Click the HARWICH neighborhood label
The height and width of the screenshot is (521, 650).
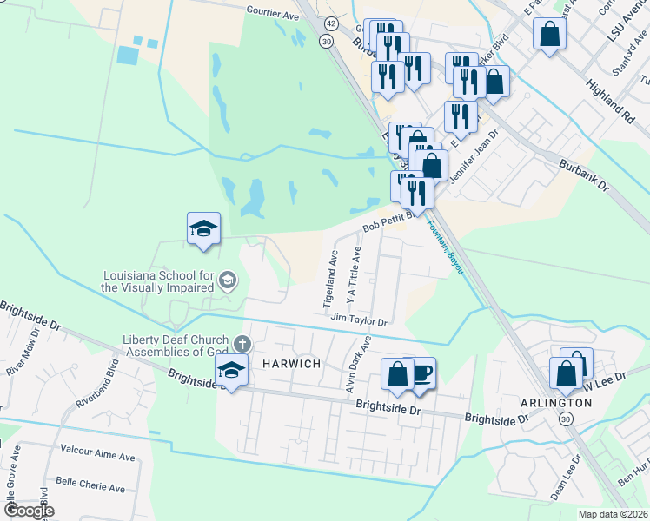(x=286, y=364)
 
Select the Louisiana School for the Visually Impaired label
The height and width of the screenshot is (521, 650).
(x=157, y=280)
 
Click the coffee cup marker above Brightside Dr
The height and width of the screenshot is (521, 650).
(x=421, y=373)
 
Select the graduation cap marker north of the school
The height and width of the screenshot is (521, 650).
(x=204, y=229)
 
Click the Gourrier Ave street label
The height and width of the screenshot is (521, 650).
(x=273, y=15)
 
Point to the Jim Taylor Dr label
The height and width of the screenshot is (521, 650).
(x=358, y=320)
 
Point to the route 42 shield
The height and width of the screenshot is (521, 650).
(x=333, y=23)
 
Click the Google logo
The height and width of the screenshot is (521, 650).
(x=28, y=511)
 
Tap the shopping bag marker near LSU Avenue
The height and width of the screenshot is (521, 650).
(x=550, y=36)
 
